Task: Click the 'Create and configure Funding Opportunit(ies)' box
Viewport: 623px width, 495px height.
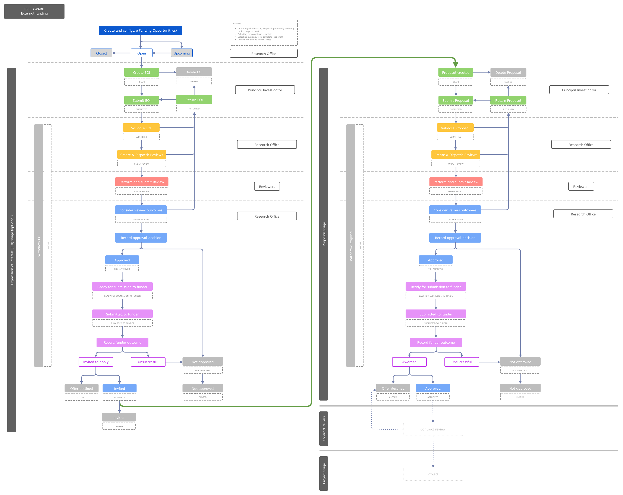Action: (141, 30)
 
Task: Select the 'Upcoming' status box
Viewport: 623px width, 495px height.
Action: (182, 53)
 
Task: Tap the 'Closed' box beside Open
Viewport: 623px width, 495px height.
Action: (101, 53)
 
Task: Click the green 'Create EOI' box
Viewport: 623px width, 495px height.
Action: (141, 72)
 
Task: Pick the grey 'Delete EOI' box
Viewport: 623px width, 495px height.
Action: (194, 72)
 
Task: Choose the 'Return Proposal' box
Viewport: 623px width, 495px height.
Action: (508, 100)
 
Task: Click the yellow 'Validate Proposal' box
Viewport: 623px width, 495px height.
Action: (455, 128)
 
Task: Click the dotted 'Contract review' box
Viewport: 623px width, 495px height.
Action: (432, 429)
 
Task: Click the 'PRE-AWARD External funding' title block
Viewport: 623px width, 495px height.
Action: (34, 11)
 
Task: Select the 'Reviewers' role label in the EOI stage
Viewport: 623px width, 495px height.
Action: (267, 187)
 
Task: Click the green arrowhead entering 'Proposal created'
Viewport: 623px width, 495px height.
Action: (455, 65)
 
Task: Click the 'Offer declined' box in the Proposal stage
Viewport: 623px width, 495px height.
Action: (393, 388)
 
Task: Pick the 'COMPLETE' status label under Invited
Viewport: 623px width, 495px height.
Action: (119, 397)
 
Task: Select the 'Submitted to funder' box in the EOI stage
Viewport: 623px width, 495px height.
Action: (122, 314)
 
